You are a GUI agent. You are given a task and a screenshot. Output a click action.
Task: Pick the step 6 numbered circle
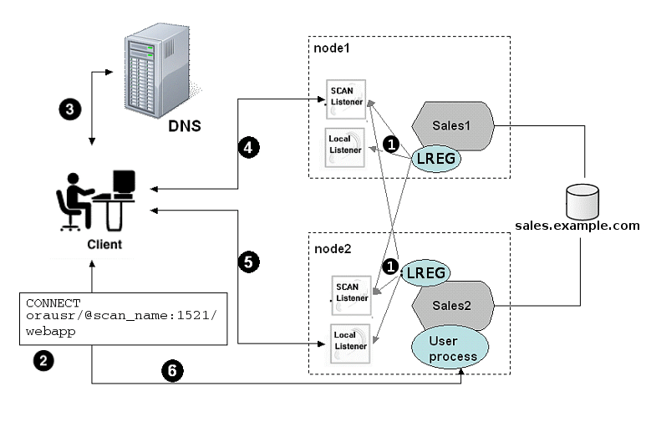tap(171, 371)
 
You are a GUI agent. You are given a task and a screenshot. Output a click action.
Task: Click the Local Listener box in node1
tap(346, 145)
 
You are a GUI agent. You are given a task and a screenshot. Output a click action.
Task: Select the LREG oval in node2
tap(425, 272)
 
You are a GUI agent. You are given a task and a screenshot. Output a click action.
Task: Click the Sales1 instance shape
tap(455, 125)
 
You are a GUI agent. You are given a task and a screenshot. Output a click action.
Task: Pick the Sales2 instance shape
tap(453, 306)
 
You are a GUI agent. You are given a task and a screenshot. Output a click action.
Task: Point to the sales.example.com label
tap(577, 226)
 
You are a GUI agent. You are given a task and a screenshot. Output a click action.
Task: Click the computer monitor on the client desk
tap(124, 183)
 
